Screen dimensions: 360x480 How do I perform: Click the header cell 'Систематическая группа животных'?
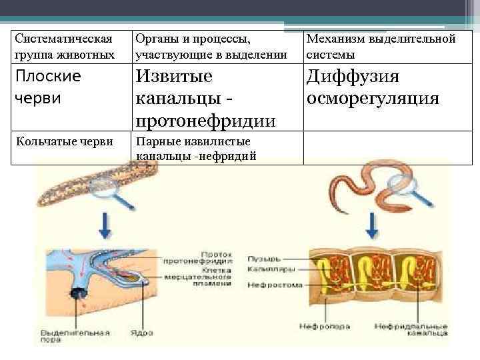click(x=64, y=47)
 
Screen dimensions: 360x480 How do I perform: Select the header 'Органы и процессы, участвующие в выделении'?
click(x=211, y=47)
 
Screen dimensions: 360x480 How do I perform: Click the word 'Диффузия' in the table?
click(x=353, y=77)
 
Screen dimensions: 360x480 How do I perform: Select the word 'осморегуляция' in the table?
click(x=373, y=99)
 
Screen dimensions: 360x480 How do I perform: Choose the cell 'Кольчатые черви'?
click(x=64, y=141)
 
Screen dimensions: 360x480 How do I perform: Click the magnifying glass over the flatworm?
click(x=106, y=190)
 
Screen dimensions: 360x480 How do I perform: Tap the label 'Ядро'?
click(x=157, y=331)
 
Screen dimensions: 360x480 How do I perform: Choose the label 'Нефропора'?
click(x=317, y=327)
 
